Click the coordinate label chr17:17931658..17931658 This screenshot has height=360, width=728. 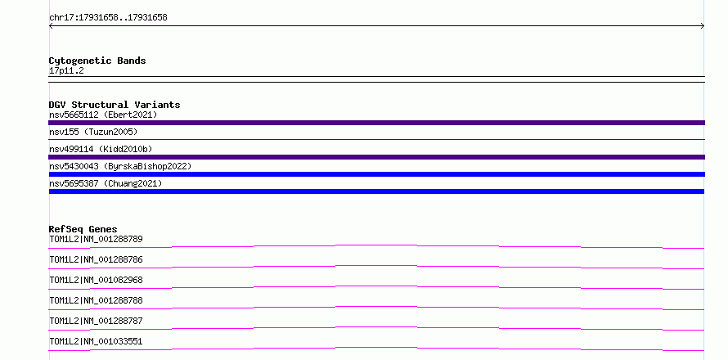pos(108,18)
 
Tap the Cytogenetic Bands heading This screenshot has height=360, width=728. pos(97,61)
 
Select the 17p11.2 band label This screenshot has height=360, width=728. pos(66,71)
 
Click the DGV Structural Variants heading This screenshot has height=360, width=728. pos(115,105)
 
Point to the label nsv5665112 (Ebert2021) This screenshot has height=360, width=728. pos(103,115)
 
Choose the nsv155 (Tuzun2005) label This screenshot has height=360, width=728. pos(93,132)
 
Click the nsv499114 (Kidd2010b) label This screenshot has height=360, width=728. pos(101,149)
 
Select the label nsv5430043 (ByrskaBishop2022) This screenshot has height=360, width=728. pos(120,166)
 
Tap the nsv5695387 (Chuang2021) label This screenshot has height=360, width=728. pos(106,183)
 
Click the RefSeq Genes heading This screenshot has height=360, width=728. pos(83,229)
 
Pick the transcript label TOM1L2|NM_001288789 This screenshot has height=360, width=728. pos(96,239)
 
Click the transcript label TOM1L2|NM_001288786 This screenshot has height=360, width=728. pos(96,259)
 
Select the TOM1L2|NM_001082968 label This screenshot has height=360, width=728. pos(96,280)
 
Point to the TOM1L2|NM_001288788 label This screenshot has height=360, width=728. pos(96,300)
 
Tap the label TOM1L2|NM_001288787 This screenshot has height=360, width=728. pos(96,321)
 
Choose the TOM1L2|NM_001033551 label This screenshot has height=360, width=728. pos(96,341)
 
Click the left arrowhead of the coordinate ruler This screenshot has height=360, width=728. pos(50,26)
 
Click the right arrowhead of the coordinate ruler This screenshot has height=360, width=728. pos(703,26)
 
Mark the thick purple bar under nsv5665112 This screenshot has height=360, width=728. pos(376,123)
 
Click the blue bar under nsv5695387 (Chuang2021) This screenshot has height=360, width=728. pos(376,191)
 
